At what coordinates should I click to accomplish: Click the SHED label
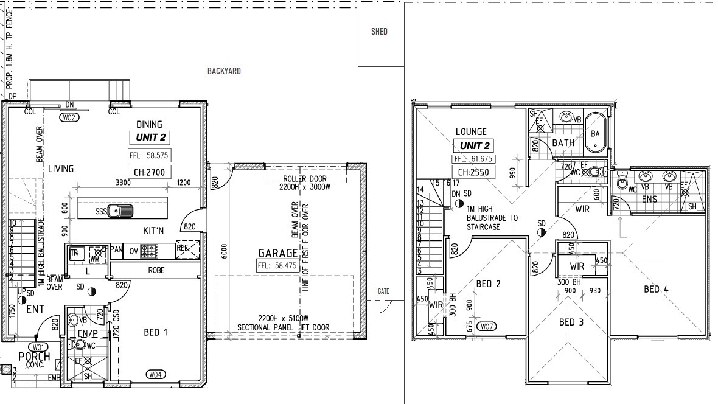379,32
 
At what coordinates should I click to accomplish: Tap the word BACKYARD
224,71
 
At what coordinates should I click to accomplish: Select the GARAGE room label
277,252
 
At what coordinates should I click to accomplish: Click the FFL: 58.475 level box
278,265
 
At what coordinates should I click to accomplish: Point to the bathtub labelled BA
595,133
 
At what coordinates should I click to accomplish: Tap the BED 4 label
656,289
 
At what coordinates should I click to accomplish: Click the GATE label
383,291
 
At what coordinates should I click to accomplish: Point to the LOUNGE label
471,131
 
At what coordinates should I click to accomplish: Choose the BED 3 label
571,322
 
